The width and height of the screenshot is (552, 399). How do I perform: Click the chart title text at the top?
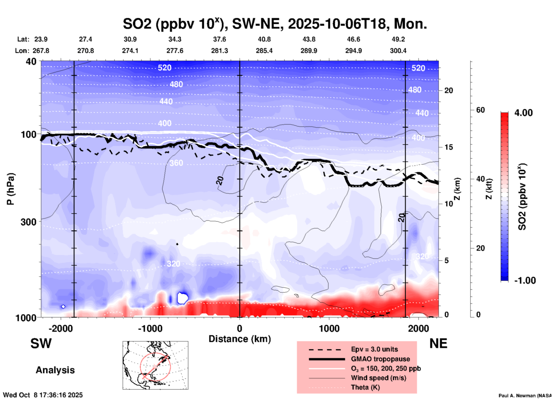click(x=275, y=24)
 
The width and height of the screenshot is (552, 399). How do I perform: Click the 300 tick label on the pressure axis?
click(x=29, y=222)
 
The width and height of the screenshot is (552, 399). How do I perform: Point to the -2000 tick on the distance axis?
click(x=60, y=329)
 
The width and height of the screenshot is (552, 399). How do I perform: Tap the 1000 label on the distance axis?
click(x=329, y=329)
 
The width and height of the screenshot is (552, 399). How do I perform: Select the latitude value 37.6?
click(x=220, y=39)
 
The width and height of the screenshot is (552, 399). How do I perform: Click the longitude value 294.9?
click(x=353, y=51)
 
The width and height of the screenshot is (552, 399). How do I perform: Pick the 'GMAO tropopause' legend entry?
click(x=380, y=359)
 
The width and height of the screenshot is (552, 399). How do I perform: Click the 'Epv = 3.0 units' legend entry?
click(x=374, y=349)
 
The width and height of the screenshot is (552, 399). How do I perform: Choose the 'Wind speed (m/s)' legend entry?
click(x=378, y=378)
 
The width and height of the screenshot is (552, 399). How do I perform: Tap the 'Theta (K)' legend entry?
click(x=365, y=387)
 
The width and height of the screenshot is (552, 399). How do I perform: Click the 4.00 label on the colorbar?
click(x=523, y=113)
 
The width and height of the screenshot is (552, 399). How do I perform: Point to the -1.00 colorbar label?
click(x=525, y=281)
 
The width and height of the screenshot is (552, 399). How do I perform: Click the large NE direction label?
click(x=438, y=343)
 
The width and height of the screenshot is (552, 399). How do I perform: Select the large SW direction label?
click(x=41, y=343)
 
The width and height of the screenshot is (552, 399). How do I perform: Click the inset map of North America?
click(x=155, y=365)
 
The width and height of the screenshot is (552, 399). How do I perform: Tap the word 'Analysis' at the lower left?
click(x=55, y=370)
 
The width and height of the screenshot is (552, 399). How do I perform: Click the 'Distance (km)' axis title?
click(x=240, y=339)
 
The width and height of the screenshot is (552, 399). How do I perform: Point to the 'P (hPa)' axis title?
click(x=11, y=189)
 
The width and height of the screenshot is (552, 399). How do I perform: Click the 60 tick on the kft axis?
click(x=480, y=110)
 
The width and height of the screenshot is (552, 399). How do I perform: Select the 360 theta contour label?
click(x=176, y=163)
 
